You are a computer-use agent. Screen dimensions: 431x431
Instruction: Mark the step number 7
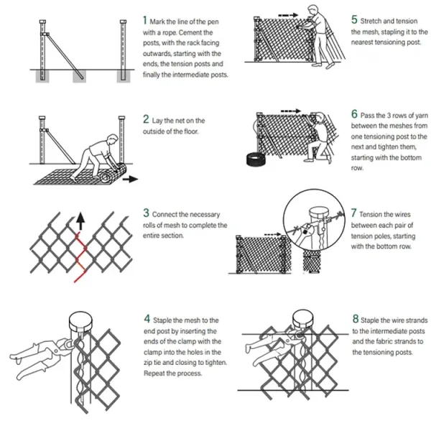coord(354,213)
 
